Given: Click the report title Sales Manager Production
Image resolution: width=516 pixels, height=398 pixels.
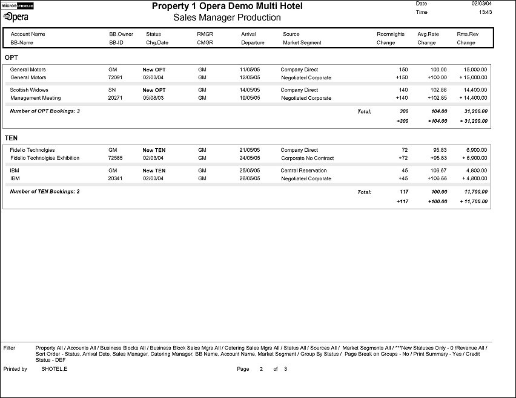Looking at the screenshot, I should tap(227, 18).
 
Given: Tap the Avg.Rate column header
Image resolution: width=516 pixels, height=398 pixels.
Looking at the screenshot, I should tap(428, 34).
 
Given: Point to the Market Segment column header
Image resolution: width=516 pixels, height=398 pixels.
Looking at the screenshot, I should tap(302, 43).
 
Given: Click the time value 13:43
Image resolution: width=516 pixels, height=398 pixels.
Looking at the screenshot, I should tap(485, 12).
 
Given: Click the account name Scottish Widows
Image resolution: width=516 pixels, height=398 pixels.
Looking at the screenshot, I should tap(29, 90).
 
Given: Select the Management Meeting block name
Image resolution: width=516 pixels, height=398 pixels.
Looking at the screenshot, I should tap(36, 98).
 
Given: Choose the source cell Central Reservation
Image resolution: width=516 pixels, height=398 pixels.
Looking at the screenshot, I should tap(303, 171).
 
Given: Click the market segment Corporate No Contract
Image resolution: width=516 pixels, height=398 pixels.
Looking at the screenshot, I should tap(308, 158).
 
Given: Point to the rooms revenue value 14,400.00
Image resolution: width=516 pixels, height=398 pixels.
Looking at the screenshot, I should tap(475, 90).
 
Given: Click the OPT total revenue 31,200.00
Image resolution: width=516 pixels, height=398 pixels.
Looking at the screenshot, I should tap(475, 111).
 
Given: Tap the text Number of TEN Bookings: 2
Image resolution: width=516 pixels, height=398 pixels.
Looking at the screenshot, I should tap(45, 192).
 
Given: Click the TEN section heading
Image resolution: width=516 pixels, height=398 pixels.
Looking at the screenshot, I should tap(12, 138).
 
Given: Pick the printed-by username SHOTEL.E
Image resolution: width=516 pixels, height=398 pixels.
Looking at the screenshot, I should tap(54, 369).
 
